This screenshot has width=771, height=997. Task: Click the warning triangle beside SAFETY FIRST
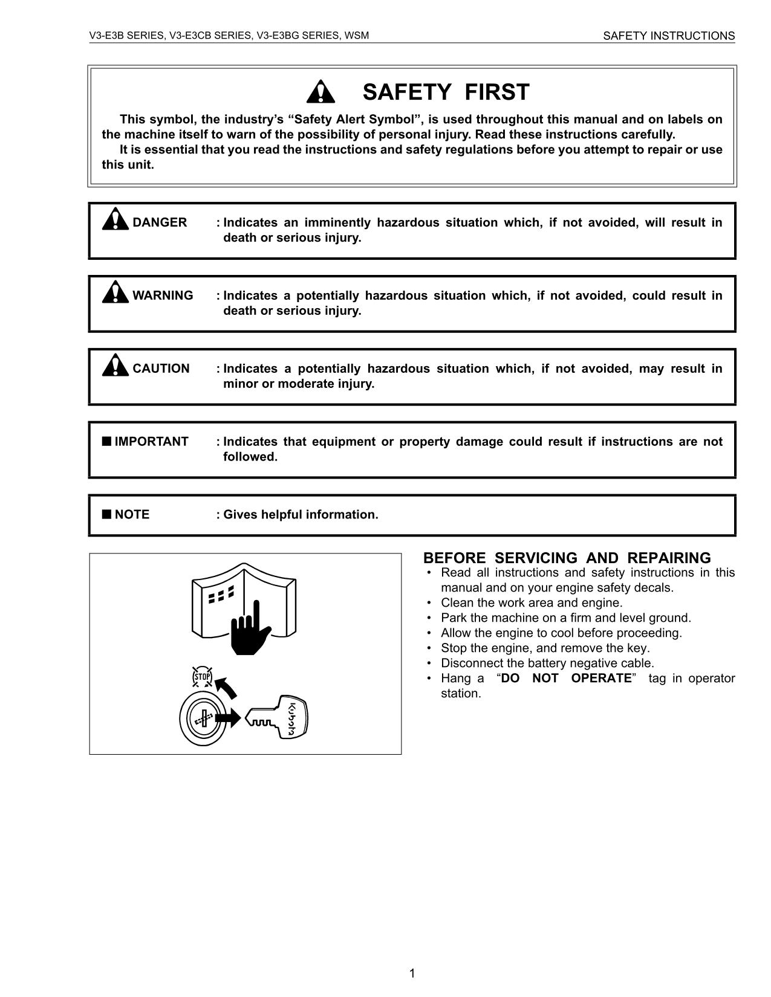(320, 92)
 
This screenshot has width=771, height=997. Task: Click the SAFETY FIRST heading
(446, 92)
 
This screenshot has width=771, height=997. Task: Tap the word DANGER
(160, 222)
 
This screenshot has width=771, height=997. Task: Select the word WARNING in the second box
(163, 295)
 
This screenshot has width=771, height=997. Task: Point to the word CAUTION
(161, 369)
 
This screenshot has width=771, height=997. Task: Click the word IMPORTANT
(151, 442)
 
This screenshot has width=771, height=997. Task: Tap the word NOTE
(132, 515)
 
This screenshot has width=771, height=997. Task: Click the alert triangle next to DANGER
(115, 219)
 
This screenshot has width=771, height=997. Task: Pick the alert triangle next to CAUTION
(115, 365)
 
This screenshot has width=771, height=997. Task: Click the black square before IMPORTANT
(106, 441)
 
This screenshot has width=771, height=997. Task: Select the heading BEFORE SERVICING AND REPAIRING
(567, 558)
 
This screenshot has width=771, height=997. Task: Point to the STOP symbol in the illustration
(202, 677)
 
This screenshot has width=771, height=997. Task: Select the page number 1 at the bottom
(412, 973)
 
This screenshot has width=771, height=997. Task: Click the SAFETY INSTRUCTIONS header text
(669, 36)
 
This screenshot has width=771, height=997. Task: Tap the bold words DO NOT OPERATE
(566, 678)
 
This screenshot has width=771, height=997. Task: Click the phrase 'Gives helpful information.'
(301, 515)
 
